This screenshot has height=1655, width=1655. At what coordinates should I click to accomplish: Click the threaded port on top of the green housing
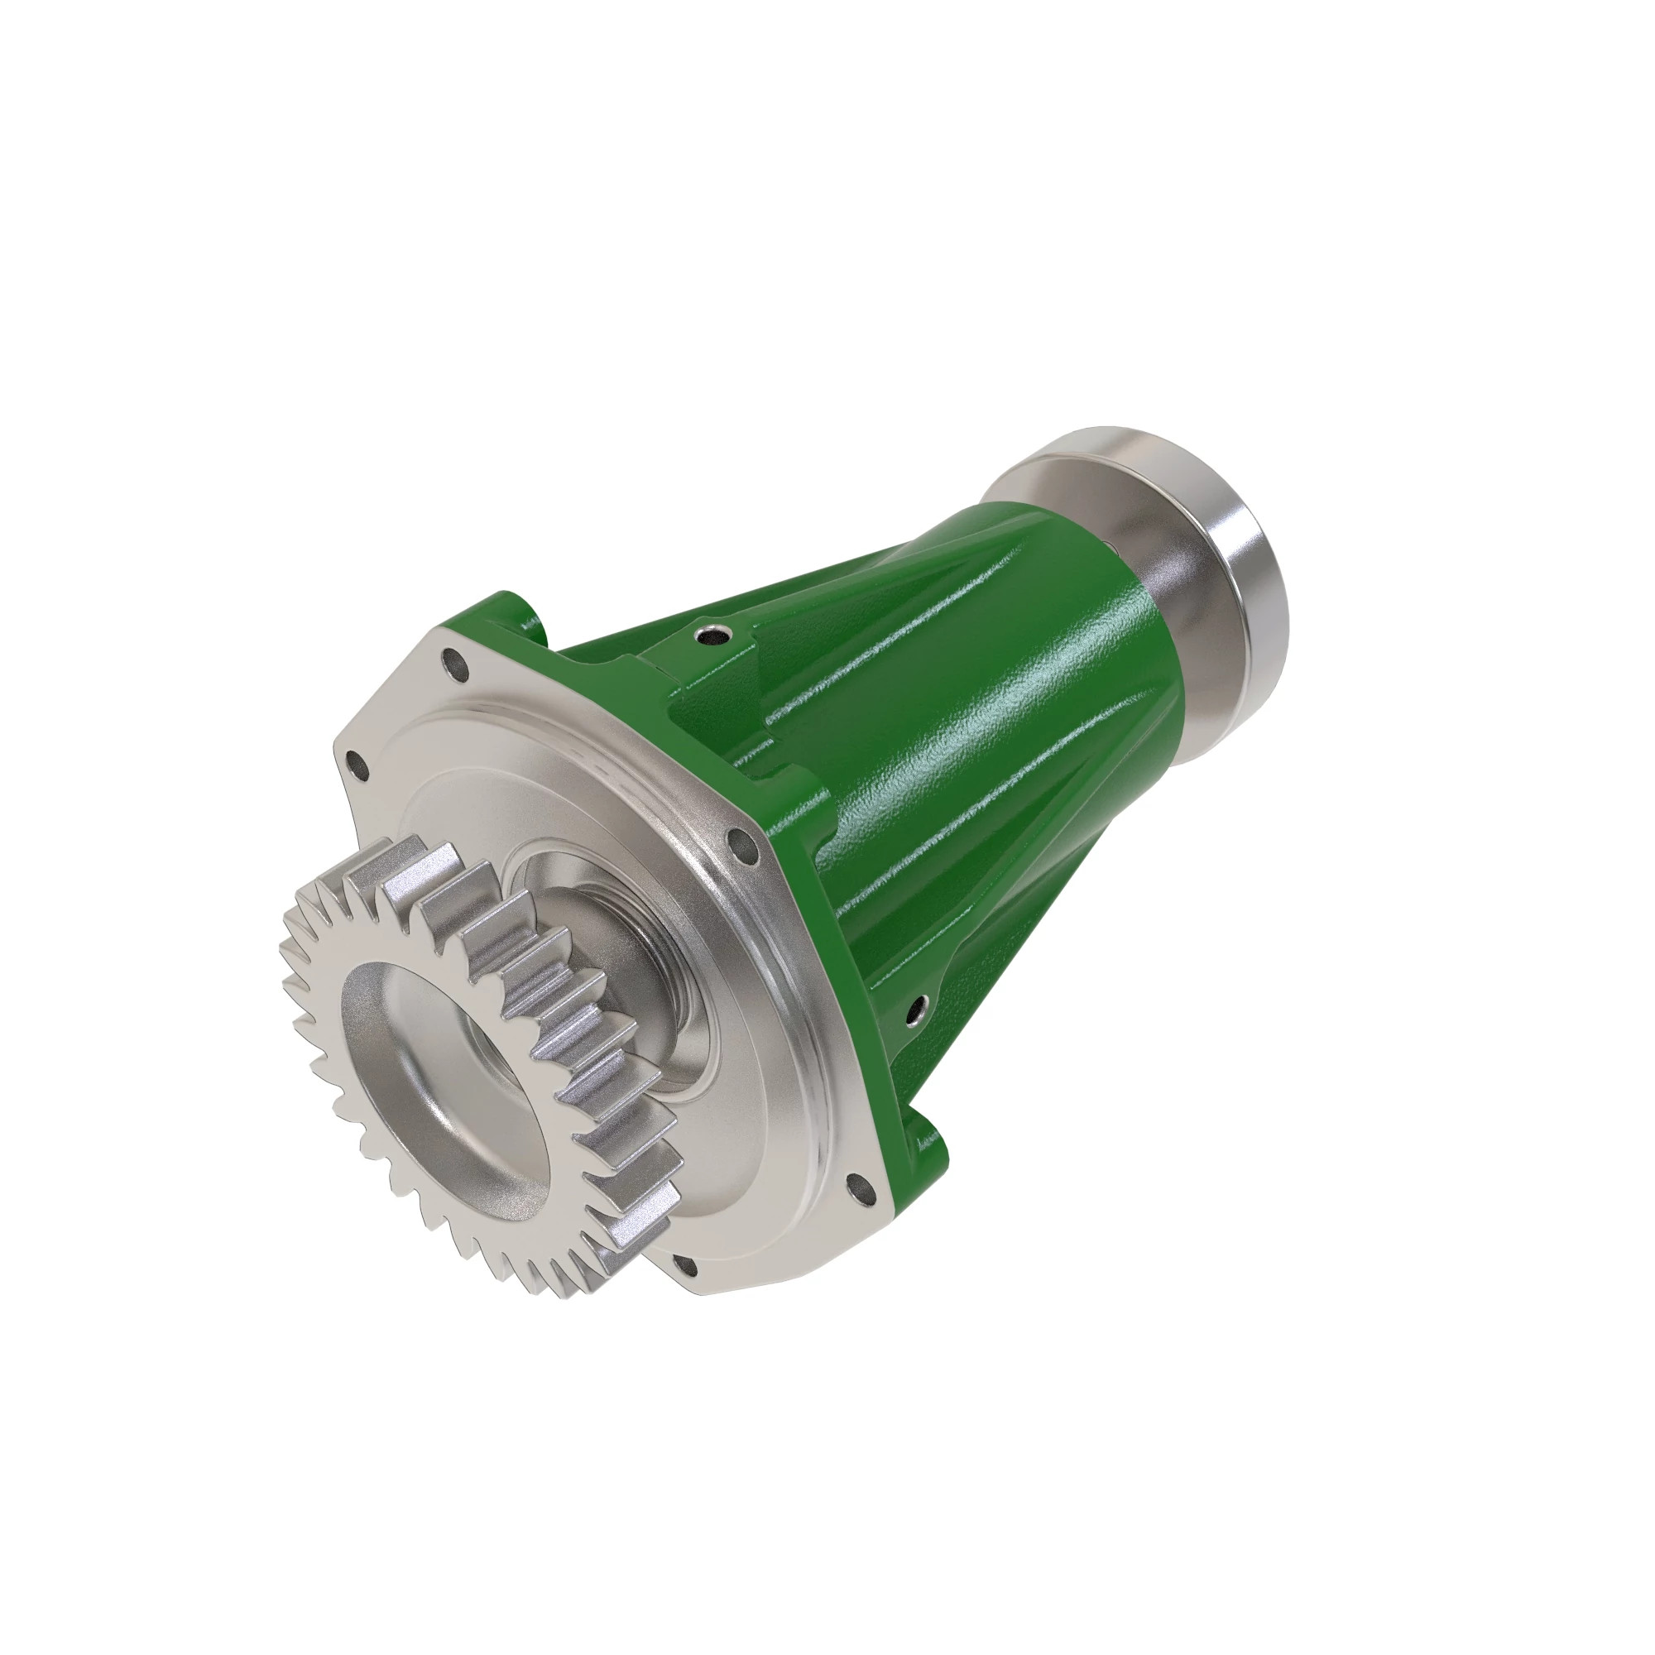click(710, 635)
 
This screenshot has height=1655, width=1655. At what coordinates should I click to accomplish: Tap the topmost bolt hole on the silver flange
click(454, 662)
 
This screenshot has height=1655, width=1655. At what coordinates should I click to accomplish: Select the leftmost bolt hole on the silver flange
click(355, 761)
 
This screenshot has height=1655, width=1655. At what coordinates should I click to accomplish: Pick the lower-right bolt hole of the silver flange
click(857, 1187)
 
